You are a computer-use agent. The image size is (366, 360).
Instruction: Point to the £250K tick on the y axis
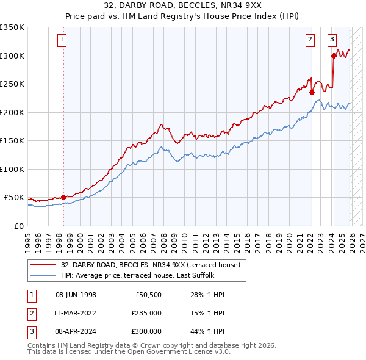click(x=12, y=84)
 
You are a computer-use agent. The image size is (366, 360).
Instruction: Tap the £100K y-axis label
click(x=12, y=169)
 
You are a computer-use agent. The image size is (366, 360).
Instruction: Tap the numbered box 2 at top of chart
click(x=310, y=40)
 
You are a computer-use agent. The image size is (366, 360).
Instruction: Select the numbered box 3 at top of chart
click(x=332, y=40)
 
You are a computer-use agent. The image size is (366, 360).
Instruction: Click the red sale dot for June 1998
click(x=63, y=197)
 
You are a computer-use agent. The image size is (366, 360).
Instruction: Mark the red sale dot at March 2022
click(x=312, y=93)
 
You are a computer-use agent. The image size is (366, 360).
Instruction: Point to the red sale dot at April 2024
click(x=334, y=56)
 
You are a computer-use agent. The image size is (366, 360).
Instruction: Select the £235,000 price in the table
click(x=146, y=313)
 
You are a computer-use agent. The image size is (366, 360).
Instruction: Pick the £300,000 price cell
click(x=146, y=331)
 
